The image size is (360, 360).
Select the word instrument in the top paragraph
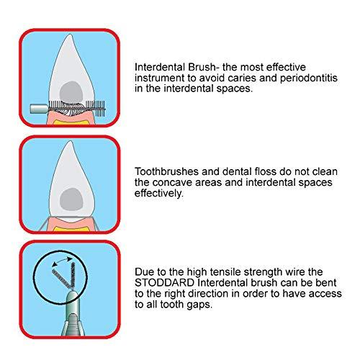[159, 77]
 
